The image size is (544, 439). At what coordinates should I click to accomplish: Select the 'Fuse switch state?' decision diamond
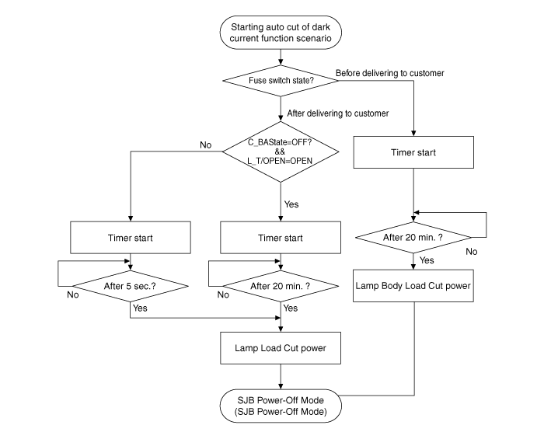pyautogui.click(x=280, y=79)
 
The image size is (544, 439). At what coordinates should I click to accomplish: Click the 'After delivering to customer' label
pyautogui.click(x=338, y=113)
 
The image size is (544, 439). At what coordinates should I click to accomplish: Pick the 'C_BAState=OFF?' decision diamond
pyautogui.click(x=280, y=149)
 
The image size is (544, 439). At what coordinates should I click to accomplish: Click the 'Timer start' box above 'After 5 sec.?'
pyautogui.click(x=131, y=238)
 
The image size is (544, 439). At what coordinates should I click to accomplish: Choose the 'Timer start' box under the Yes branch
pyautogui.click(x=280, y=238)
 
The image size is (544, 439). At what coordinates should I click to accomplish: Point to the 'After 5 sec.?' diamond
pyautogui.click(x=131, y=285)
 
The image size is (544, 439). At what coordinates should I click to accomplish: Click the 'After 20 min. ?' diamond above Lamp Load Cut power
pyautogui.click(x=280, y=285)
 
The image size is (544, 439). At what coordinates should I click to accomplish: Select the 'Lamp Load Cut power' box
pyautogui.click(x=280, y=347)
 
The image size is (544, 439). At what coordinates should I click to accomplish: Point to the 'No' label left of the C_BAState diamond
pyautogui.click(x=205, y=145)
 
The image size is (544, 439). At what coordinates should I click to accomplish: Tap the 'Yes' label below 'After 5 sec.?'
pyautogui.click(x=140, y=308)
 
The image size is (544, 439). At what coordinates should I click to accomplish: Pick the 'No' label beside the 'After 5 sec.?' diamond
pyautogui.click(x=73, y=295)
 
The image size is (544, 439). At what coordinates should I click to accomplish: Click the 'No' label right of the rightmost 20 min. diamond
pyautogui.click(x=472, y=252)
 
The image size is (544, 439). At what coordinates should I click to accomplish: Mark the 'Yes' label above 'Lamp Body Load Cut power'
pyautogui.click(x=427, y=260)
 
